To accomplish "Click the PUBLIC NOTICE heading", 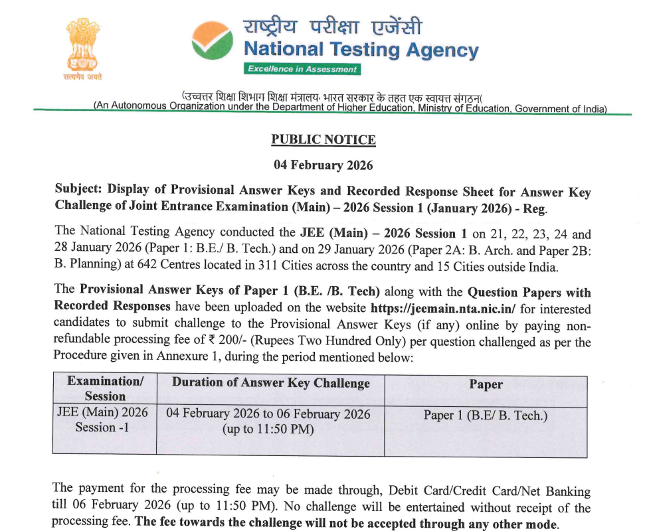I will (x=323, y=140).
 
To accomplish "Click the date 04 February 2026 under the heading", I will (x=323, y=165).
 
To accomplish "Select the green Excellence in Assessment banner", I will (x=302, y=69).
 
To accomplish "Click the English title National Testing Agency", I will (x=361, y=50).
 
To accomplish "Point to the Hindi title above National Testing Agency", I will (x=332, y=27).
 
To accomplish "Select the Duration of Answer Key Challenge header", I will (x=270, y=383).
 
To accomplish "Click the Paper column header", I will (x=486, y=384).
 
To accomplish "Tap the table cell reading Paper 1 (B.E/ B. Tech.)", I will (x=486, y=416).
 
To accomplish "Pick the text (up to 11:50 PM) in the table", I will (x=268, y=429).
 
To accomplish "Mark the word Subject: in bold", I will (x=78, y=191).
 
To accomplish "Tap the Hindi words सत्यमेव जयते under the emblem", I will (x=84, y=79).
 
